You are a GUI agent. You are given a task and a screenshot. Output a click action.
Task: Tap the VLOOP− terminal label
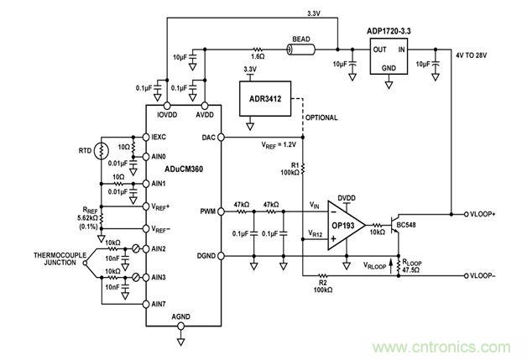pos(495,274)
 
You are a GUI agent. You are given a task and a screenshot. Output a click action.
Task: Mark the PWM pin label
pos(207,213)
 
